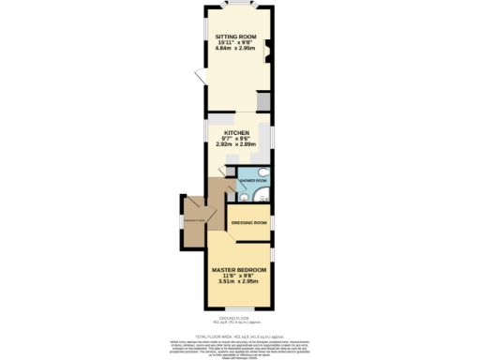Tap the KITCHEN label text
point(235,133)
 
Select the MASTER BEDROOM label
point(237,270)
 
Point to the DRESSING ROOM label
point(248,222)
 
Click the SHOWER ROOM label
point(253,179)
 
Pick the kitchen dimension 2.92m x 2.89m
point(235,144)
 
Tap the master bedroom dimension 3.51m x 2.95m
point(237,281)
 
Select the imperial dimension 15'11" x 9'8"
point(235,42)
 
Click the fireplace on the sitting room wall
point(267,51)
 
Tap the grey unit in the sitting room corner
point(264,100)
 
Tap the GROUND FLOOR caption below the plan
point(239,318)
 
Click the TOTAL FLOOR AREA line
point(239,335)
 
